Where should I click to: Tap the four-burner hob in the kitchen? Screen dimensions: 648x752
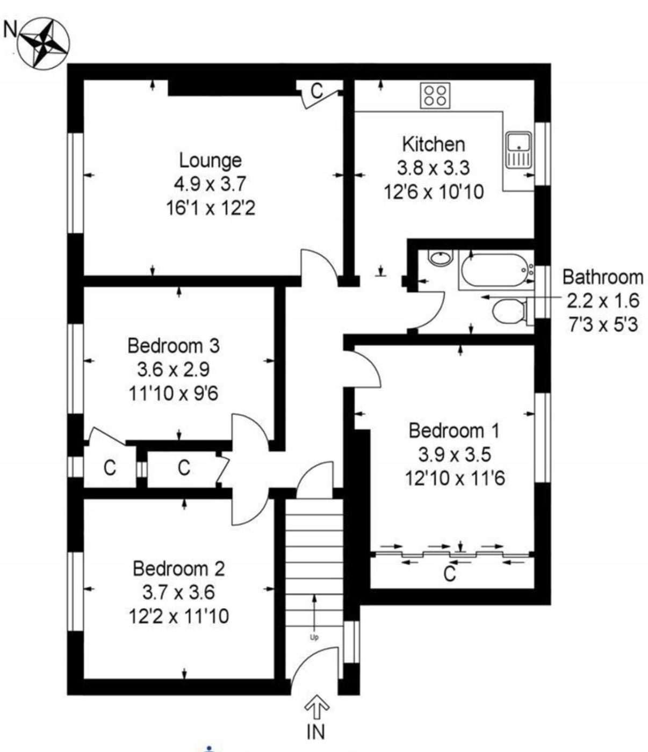click(435, 95)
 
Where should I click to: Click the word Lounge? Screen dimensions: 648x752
click(210, 161)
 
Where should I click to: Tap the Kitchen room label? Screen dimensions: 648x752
click(433, 144)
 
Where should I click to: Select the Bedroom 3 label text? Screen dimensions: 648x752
click(174, 345)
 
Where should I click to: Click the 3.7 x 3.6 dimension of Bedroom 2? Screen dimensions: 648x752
click(178, 592)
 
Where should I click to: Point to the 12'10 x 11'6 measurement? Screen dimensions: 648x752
click(455, 478)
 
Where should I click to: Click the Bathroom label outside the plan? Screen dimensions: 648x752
click(603, 277)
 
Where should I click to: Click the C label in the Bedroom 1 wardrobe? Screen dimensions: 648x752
click(450, 574)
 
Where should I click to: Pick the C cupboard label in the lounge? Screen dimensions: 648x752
click(317, 91)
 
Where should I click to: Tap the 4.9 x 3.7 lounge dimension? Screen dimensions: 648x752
click(210, 184)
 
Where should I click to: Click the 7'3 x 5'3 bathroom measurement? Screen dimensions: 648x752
click(603, 324)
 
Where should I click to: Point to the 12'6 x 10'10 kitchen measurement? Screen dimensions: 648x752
click(434, 191)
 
